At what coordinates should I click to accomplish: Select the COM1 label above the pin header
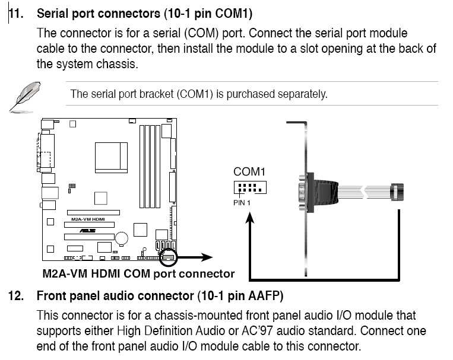click(x=249, y=172)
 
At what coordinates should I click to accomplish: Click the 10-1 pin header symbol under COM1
click(x=249, y=188)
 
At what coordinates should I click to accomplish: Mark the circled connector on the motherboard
click(x=168, y=257)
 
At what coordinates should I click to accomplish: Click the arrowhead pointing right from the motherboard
click(x=205, y=257)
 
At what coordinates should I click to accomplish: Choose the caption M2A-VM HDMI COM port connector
click(x=138, y=274)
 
